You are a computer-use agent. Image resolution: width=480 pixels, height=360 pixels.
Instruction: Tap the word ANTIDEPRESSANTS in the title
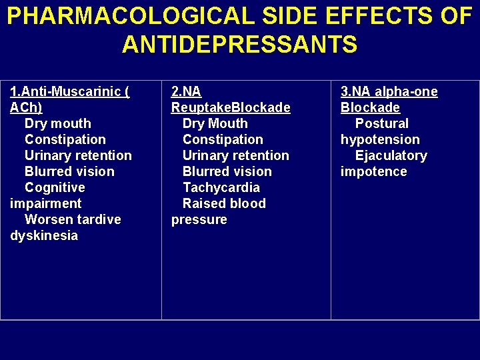240,45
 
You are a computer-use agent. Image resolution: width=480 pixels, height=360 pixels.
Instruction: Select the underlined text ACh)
26,107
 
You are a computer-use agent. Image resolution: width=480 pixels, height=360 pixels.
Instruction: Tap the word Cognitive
55,187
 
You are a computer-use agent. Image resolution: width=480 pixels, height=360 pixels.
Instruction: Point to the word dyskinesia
44,235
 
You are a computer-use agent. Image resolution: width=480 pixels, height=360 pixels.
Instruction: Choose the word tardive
99,219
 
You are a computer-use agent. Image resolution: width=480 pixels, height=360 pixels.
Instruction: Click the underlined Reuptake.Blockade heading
231,107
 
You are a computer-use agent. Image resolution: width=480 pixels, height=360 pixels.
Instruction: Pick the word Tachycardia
221,187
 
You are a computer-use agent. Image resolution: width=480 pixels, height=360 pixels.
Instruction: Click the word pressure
199,219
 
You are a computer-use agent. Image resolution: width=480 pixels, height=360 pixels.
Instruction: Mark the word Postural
382,123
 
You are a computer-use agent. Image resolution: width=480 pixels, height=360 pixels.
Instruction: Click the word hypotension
380,139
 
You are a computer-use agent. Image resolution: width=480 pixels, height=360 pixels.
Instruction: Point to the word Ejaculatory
391,155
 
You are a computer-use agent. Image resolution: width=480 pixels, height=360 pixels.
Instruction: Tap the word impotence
373,171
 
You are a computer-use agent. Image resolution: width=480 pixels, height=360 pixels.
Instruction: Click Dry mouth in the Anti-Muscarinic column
58,123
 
